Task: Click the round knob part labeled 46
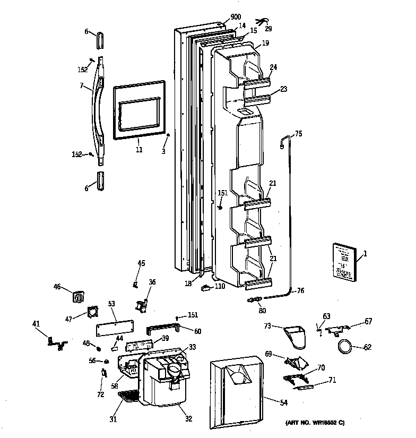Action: pyautogui.click(x=79, y=297)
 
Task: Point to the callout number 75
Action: pyautogui.click(x=298, y=134)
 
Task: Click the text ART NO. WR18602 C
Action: pyautogui.click(x=315, y=423)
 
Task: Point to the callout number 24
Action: pyautogui.click(x=273, y=67)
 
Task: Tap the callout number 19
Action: pyautogui.click(x=265, y=42)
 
